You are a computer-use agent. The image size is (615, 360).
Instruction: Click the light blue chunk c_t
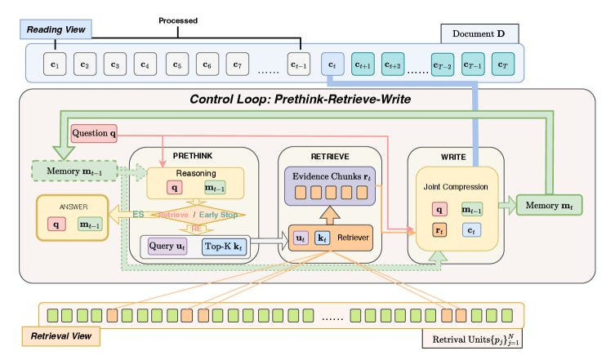[x=332, y=63]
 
